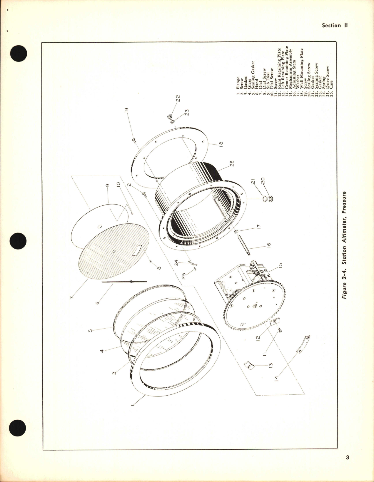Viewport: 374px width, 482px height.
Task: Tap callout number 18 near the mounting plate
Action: click(221, 143)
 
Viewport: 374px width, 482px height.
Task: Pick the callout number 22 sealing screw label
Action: click(178, 98)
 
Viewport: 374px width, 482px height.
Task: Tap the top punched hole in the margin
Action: click(19, 53)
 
